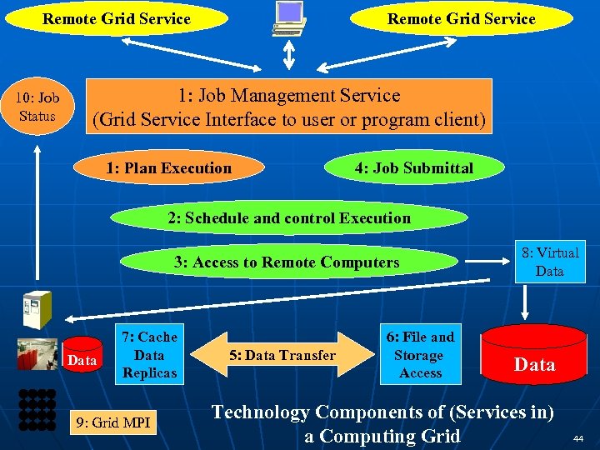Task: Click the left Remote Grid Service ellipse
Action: (117, 19)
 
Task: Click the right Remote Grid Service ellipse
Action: (462, 19)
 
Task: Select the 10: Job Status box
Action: (37, 107)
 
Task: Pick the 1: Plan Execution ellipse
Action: (169, 168)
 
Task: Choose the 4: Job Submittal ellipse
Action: (413, 168)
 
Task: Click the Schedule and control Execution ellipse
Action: (289, 218)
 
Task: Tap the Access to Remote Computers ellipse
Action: (287, 262)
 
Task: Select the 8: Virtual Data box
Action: (549, 262)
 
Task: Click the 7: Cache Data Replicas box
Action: (149, 355)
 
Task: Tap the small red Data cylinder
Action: (82, 358)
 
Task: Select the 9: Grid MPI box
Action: (112, 422)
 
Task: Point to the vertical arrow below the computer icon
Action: (289, 56)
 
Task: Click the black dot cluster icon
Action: (37, 409)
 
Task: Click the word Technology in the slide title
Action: (260, 412)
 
